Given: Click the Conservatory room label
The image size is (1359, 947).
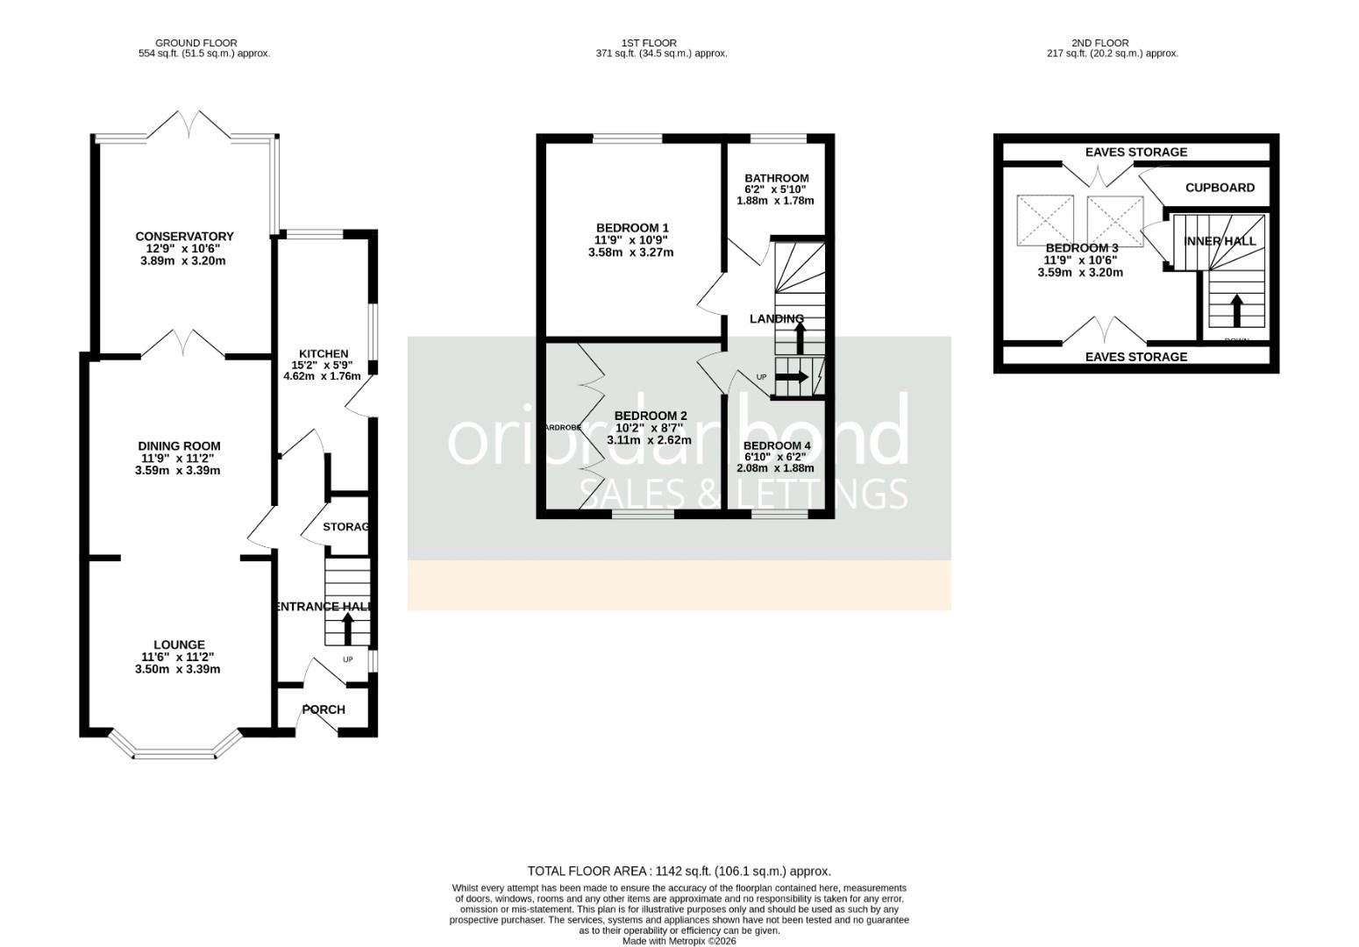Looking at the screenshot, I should point(184,236).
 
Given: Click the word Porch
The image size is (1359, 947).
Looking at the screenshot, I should point(324,709).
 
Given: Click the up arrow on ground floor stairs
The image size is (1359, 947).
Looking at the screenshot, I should point(347,628).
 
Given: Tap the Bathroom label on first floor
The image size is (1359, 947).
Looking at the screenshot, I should point(776,178).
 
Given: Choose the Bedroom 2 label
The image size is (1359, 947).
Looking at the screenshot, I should point(650,416).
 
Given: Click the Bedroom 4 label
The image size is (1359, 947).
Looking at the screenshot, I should point(776,445).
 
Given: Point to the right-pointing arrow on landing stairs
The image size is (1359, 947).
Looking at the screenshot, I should point(792,377).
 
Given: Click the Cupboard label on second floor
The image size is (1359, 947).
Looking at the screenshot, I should point(1219,188).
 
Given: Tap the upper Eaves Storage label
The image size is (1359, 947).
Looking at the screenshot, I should point(1135,152).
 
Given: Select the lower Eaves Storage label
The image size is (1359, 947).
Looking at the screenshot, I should point(1135,357).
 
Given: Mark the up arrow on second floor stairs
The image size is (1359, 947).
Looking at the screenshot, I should point(1236,310).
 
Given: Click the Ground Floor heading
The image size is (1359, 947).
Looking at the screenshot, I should point(196,43).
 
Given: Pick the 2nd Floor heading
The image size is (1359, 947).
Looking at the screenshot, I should point(1099,43).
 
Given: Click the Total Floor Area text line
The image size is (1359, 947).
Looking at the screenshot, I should point(679,871).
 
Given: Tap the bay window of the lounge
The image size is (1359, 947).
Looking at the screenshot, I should point(174,752).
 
